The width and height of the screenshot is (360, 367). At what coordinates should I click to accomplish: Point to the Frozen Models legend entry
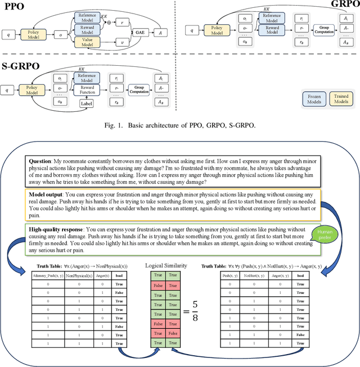314,99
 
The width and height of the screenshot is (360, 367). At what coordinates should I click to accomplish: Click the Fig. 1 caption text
180,124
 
